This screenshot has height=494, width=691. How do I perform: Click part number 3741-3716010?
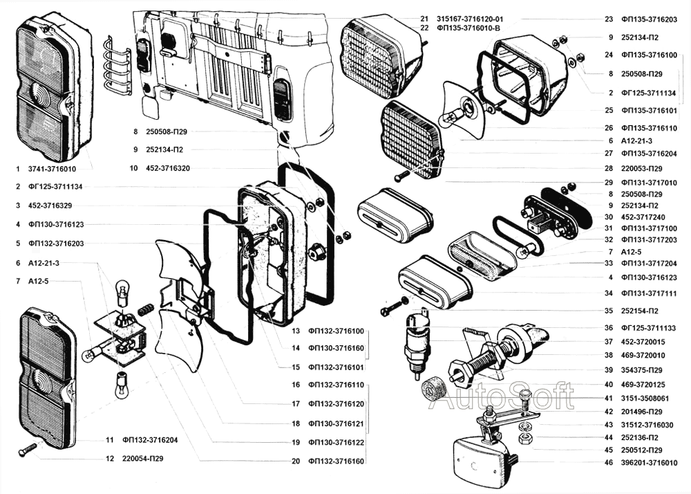tap(53, 169)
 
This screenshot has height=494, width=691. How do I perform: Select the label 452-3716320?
tap(169, 168)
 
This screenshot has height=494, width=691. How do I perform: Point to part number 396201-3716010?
tap(649, 463)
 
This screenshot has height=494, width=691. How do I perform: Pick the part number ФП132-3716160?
tap(336, 460)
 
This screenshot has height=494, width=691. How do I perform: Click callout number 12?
tap(109, 458)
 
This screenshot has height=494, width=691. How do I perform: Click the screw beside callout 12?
tap(28, 449)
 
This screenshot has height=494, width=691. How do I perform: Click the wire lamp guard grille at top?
tap(117, 66)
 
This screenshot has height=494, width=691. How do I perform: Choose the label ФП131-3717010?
tap(649, 182)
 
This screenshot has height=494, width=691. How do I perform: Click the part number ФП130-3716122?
tap(336, 442)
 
